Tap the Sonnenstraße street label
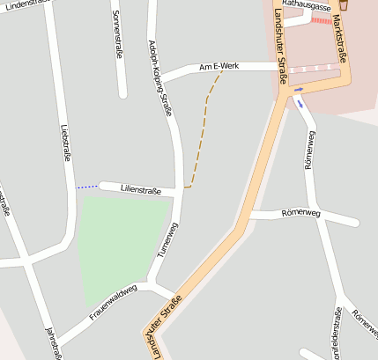point(118,34)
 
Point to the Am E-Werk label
point(219,67)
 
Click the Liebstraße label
point(64,142)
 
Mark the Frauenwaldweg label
point(114,301)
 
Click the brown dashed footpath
point(201,132)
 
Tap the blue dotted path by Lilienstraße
point(86,187)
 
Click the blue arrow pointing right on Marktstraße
point(299,88)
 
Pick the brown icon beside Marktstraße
point(343,5)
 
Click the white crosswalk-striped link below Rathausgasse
point(313,68)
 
